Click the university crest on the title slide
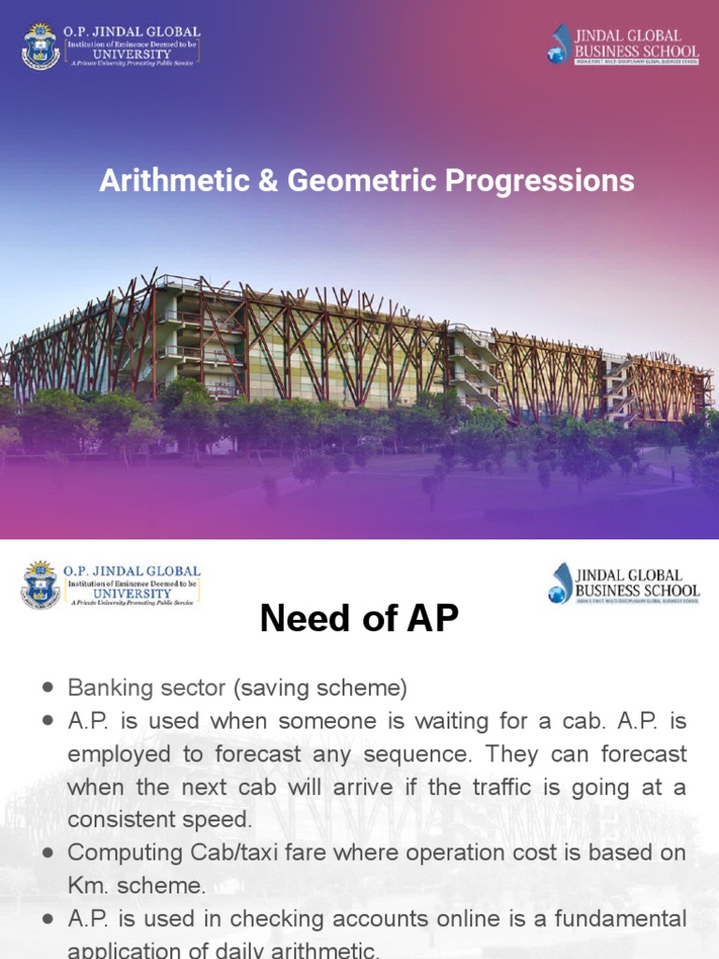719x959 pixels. pos(40,47)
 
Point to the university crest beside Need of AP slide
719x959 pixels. pos(40,585)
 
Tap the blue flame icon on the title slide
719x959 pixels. pos(561,44)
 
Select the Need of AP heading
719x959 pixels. pos(359,619)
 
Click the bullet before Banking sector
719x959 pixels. pos(48,688)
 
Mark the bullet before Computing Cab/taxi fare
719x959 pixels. pos(48,852)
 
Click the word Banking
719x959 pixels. pos(105,688)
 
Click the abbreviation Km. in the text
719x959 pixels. pos(89,885)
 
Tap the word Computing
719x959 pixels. pos(124,852)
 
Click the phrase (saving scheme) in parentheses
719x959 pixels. pos(322,688)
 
